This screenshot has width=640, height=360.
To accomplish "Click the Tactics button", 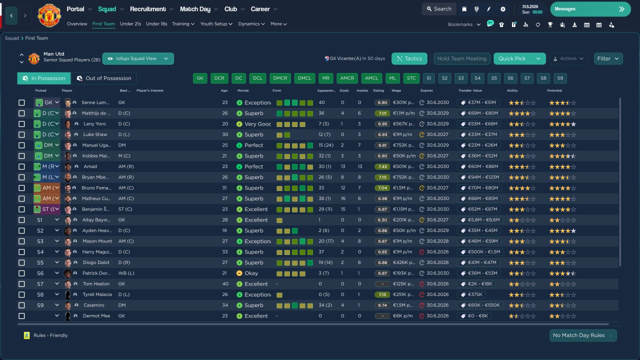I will [x=409, y=58].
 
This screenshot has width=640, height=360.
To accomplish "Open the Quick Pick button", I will [x=512, y=58].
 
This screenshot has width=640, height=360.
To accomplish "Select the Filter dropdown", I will [x=608, y=58].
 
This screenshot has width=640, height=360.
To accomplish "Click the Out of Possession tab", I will [x=103, y=78].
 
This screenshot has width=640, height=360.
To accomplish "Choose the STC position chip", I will [x=411, y=78].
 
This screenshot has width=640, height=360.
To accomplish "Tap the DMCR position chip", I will [x=280, y=78].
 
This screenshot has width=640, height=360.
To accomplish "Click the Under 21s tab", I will [x=130, y=24].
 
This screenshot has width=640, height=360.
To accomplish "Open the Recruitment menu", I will [x=148, y=9].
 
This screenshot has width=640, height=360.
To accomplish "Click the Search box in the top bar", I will [x=438, y=9].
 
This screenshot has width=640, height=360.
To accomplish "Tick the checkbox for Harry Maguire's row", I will [x=21, y=252].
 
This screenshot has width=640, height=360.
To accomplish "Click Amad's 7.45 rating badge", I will [x=382, y=166].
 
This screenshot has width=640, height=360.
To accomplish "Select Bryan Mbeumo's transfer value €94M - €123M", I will [x=479, y=177].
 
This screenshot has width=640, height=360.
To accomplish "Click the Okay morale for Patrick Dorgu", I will [x=251, y=273].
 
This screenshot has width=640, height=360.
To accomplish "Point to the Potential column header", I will [x=555, y=90].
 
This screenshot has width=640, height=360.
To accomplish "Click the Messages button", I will [x=590, y=9].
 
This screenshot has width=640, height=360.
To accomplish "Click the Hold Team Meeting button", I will [x=461, y=58].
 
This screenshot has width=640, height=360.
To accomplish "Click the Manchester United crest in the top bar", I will [x=49, y=15].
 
